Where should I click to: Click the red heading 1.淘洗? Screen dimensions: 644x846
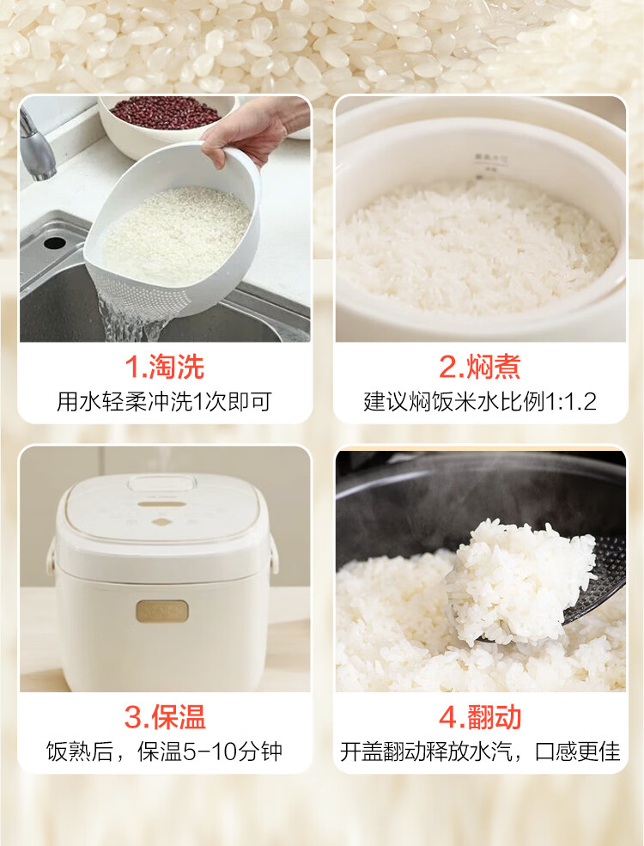click(x=165, y=367)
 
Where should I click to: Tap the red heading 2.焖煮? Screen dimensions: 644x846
click(x=479, y=367)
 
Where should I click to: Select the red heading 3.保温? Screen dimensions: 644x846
click(x=165, y=717)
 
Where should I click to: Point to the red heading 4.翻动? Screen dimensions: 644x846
click(x=479, y=717)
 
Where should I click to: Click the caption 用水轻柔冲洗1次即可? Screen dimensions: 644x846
click(x=165, y=401)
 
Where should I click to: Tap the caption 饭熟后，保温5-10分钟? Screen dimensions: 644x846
click(x=165, y=752)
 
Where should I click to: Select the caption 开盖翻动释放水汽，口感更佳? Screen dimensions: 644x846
click(x=480, y=752)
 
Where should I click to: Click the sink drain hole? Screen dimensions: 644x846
click(x=54, y=242)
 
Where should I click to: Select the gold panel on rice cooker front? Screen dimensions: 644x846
click(x=161, y=612)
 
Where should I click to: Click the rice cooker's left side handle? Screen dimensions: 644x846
click(x=52, y=556)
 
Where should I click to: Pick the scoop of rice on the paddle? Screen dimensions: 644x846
click(x=520, y=580)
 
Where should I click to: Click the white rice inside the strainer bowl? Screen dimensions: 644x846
click(x=177, y=233)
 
